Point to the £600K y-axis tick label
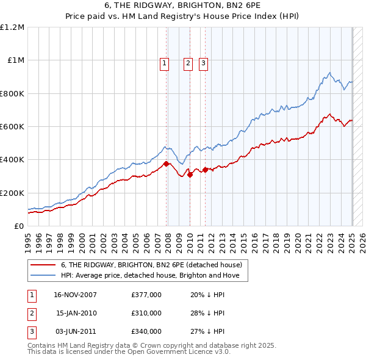13,127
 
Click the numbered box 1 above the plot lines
165,62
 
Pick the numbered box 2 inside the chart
188,62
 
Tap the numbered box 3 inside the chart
203,62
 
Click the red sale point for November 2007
167,164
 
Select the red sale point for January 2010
190,175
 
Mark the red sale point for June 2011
206,170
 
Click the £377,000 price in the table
146,295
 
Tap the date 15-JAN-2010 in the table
76,313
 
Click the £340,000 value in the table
146,331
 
